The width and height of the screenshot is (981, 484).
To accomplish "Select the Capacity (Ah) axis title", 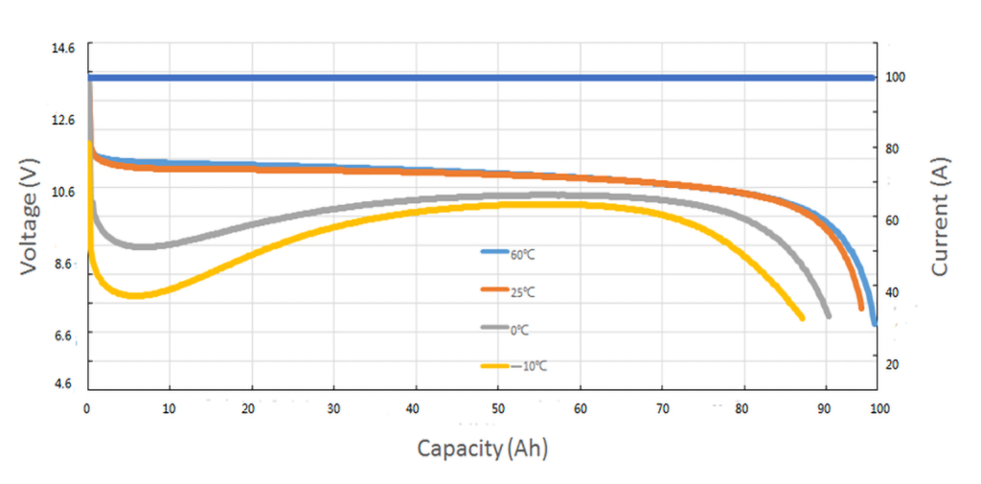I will click(x=483, y=448).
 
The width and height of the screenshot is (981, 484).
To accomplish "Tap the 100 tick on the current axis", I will click(x=897, y=77).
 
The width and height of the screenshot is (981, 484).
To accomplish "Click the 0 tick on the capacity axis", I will click(x=87, y=408).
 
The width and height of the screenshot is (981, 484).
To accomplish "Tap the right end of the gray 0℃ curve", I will click(x=828, y=314).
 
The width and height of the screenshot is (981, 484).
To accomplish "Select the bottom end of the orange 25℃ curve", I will click(x=861, y=308).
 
